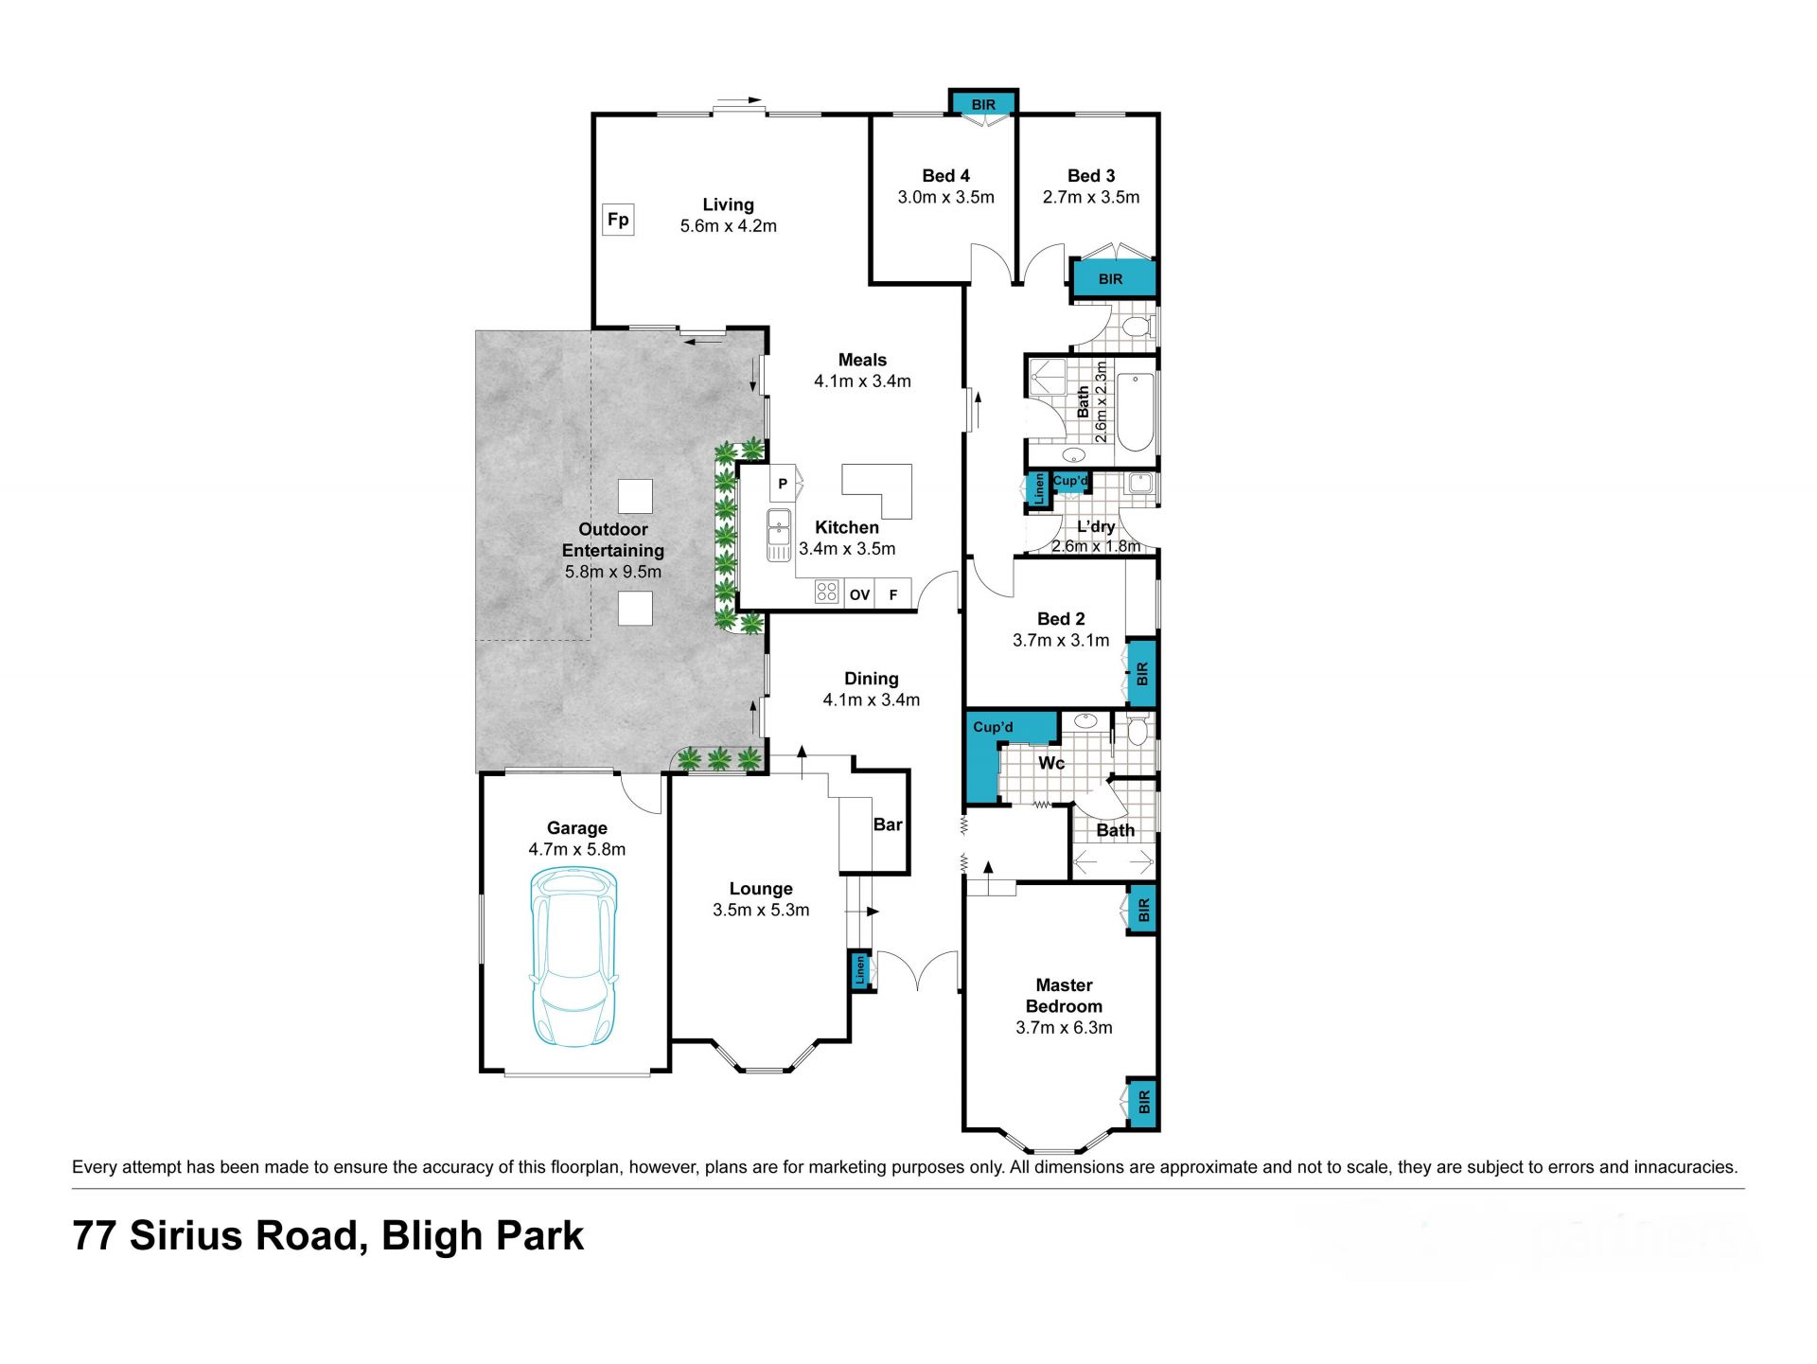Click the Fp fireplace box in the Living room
tap(618, 220)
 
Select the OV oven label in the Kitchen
tap(859, 594)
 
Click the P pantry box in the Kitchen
tap(783, 484)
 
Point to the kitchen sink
tap(779, 535)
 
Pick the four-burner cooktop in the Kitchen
tap(827, 593)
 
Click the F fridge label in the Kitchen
tap(893, 594)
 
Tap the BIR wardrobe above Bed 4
tap(983, 103)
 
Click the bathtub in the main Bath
tap(1136, 413)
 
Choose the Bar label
tap(888, 824)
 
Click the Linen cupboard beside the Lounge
tap(860, 970)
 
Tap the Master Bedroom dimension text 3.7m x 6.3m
tap(1064, 1028)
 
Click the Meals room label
tap(862, 360)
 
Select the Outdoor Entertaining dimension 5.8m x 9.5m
tap(613, 572)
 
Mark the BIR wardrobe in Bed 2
tap(1142, 674)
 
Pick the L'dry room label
tap(1096, 526)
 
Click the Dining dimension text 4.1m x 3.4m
tap(872, 700)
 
